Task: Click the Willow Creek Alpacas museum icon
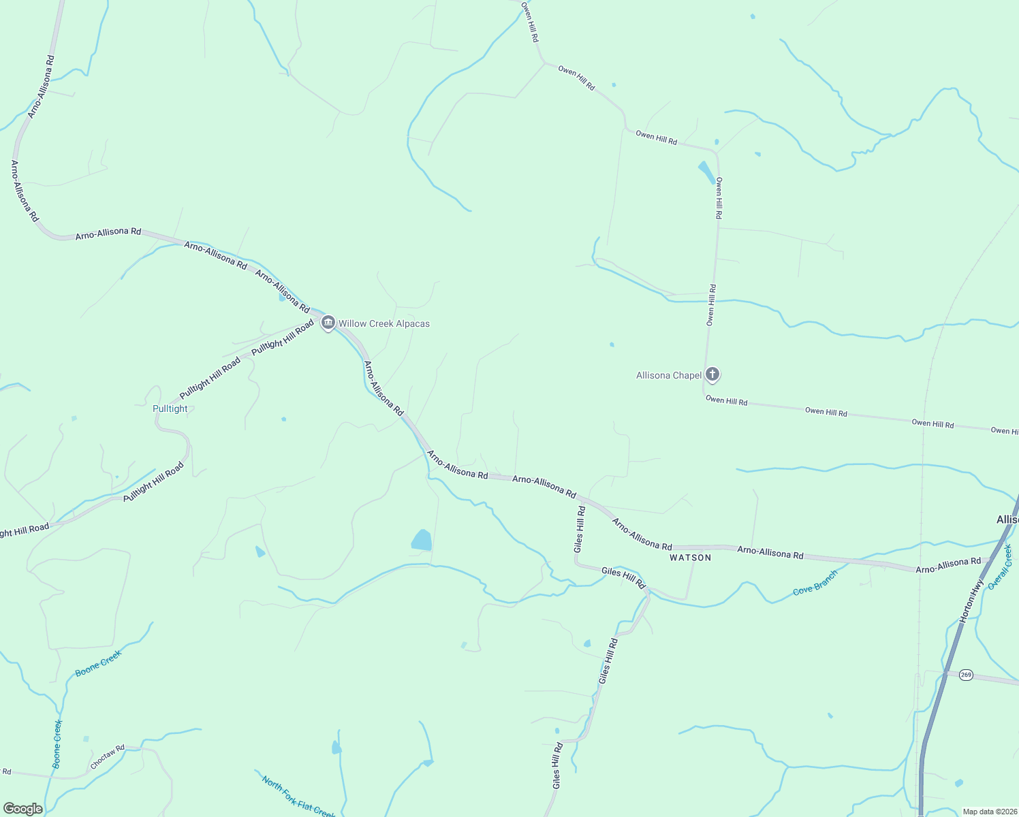(328, 323)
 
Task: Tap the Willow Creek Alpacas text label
(384, 324)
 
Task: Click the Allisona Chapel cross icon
(712, 374)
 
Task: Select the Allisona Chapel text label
(668, 376)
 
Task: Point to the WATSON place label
(690, 558)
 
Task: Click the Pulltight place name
(170, 408)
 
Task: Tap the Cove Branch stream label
(815, 583)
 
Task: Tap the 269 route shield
(966, 675)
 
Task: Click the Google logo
(23, 809)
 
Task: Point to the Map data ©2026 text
(988, 812)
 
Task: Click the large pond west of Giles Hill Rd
(422, 541)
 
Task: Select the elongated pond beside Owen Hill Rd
(706, 172)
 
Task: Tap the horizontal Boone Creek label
(98, 663)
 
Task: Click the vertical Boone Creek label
(58, 743)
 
